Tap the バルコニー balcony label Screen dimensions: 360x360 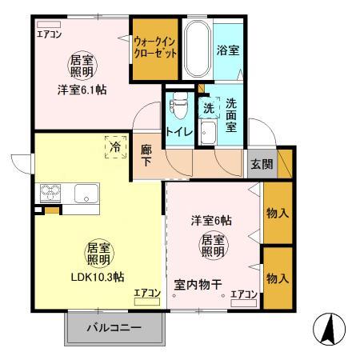point(114,328)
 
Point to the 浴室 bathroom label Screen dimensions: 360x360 point(226,49)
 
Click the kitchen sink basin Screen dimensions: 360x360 point(86,193)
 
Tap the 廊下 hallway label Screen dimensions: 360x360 point(146,154)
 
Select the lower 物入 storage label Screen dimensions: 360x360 point(278,278)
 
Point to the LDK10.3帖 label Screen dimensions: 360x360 point(97,277)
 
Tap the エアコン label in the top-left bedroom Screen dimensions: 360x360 point(49,33)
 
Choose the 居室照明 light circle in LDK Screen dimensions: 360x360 point(97,254)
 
